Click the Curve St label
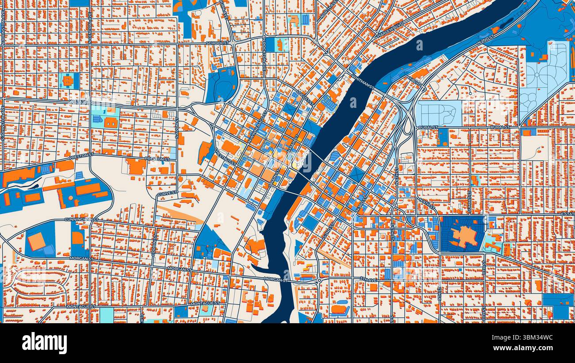pos(167,193)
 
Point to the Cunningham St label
pos(81,219)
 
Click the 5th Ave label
pos(367,279)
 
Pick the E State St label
pos(567,214)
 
